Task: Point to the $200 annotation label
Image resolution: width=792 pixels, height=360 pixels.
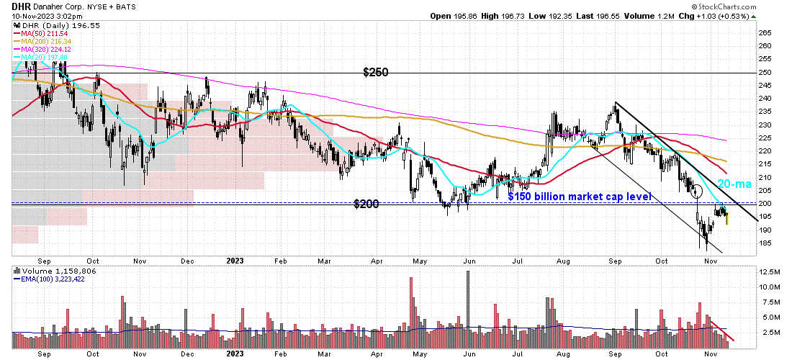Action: point(367,204)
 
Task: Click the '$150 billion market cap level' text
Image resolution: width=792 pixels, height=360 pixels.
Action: point(580,197)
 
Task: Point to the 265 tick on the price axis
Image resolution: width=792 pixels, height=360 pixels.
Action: point(765,33)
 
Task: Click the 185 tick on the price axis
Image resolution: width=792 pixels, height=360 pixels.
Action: point(765,243)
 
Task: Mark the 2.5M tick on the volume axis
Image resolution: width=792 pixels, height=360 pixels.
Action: point(768,333)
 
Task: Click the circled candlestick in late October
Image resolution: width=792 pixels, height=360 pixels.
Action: point(696,192)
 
